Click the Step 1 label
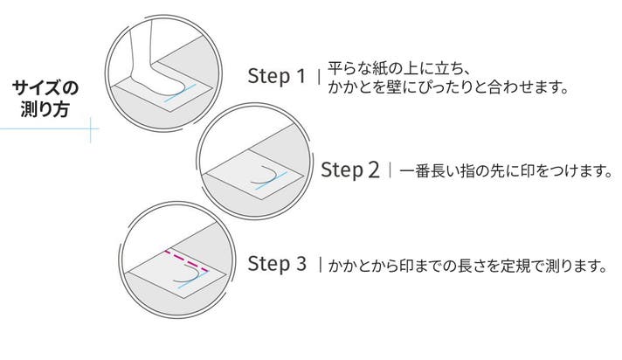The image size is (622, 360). click(x=277, y=76)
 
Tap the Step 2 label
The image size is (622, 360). click(x=349, y=170)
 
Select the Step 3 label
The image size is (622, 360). click(x=277, y=264)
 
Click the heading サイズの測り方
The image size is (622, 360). click(x=45, y=99)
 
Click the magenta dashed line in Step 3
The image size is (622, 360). click(x=186, y=260)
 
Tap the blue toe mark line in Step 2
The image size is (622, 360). click(x=272, y=181)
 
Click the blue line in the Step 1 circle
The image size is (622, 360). click(x=181, y=93)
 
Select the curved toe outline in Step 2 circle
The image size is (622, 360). click(x=266, y=175)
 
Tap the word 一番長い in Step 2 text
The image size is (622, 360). click(x=428, y=170)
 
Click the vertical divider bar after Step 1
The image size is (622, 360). click(x=320, y=76)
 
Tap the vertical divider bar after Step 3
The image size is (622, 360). click(x=320, y=265)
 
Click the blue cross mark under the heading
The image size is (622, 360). click(x=91, y=129)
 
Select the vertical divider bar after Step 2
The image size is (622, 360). click(x=390, y=170)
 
